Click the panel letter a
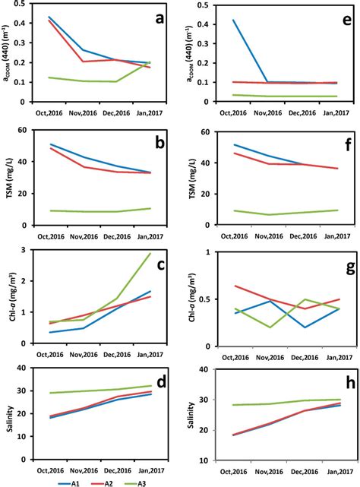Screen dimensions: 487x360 [160, 20]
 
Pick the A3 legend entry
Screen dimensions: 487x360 [161, 479]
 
